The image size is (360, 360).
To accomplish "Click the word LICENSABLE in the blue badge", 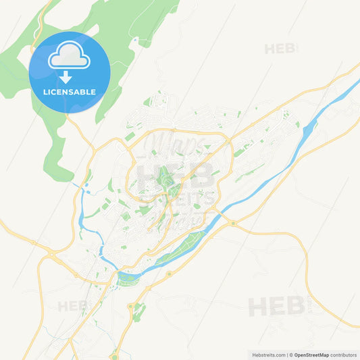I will click(x=70, y=92).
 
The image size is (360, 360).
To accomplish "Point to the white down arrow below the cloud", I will click(x=66, y=76).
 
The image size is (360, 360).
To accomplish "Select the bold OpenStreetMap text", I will click(x=310, y=355).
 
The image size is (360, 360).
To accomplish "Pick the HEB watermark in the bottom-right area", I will click(x=276, y=306).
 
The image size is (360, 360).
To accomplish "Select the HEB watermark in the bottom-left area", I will click(x=72, y=306).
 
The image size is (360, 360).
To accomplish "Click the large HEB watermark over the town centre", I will click(x=176, y=174).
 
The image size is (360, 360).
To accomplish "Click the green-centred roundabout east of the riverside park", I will click(x=233, y=223).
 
